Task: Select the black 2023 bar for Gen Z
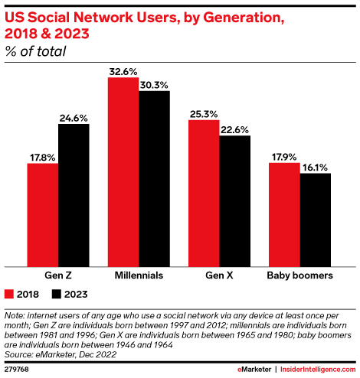(74, 194)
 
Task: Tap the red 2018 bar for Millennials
(123, 171)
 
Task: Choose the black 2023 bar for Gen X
(234, 200)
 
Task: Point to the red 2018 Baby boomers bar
(283, 213)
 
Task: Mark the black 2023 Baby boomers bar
(315, 218)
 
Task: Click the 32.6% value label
(123, 71)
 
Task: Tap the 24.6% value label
(74, 118)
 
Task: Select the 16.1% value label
(315, 167)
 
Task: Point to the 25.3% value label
(203, 113)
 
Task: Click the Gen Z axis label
(58, 273)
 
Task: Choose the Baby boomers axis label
(299, 273)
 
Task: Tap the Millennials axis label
(139, 273)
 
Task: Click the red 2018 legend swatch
(10, 293)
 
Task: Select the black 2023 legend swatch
(56, 293)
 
